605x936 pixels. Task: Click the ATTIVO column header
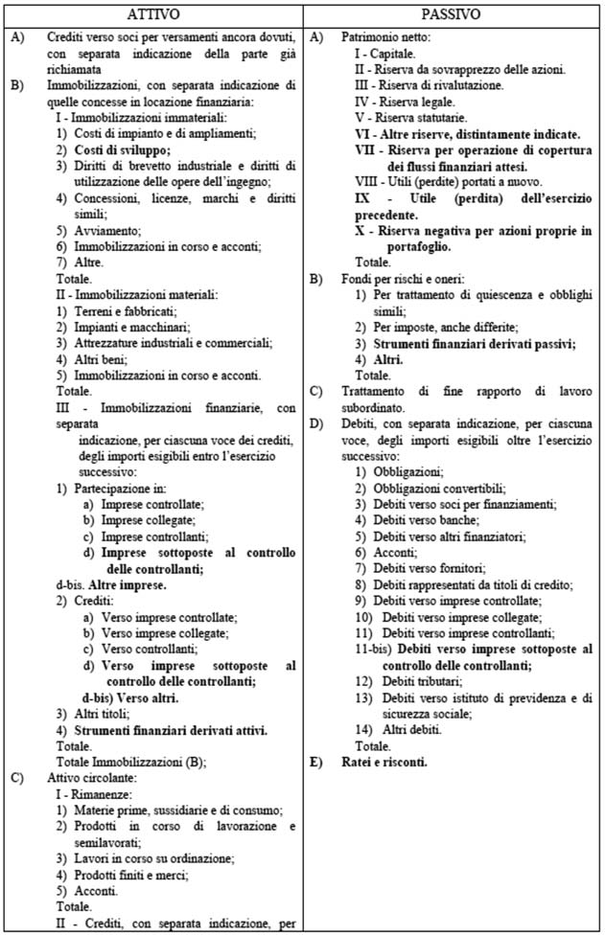click(152, 14)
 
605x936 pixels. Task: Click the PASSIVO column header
click(454, 14)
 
